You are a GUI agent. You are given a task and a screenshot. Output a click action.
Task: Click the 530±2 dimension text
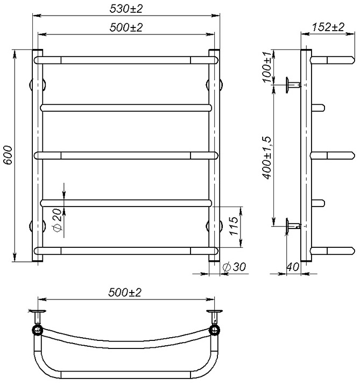(127, 8)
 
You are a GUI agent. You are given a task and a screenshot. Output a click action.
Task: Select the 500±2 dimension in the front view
(127, 27)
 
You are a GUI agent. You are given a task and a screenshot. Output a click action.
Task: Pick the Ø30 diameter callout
(232, 267)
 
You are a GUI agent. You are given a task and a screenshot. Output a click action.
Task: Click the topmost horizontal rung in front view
(126, 58)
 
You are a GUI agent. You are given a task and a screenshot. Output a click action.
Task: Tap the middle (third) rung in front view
(126, 155)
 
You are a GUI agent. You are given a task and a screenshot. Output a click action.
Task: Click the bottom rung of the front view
(126, 251)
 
